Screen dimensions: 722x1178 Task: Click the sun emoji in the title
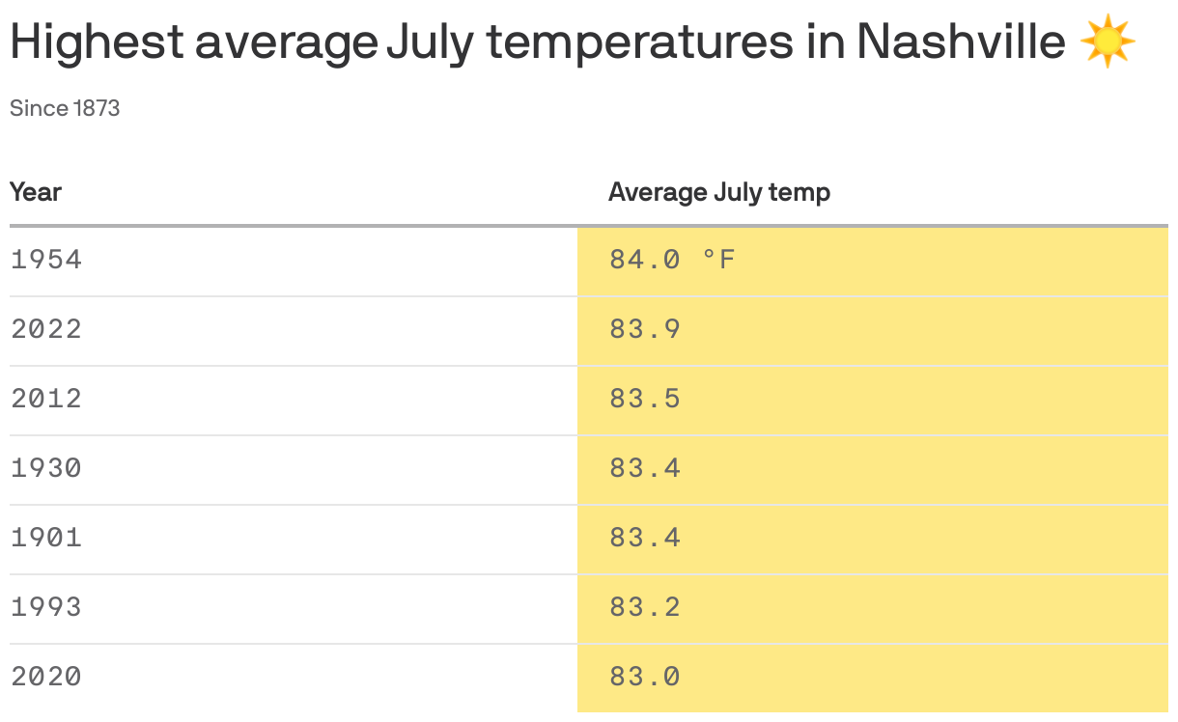(1108, 42)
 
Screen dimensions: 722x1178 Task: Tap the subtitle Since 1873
(65, 108)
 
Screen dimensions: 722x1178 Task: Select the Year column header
(36, 192)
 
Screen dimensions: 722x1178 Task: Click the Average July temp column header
(718, 192)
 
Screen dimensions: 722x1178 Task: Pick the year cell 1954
(46, 260)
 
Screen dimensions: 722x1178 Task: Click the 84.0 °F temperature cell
(672, 260)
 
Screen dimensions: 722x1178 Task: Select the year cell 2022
(46, 329)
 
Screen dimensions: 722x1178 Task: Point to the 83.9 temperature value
(645, 329)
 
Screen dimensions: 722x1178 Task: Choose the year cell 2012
(46, 399)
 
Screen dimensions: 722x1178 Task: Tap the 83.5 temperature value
(645, 399)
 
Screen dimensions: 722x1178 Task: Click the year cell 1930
(46, 468)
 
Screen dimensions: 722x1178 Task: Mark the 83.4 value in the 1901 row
(645, 538)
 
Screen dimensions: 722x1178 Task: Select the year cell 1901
(46, 538)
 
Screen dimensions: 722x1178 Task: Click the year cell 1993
(46, 607)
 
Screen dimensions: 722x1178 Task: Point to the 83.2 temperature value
(645, 607)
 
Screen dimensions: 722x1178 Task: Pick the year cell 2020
(46, 677)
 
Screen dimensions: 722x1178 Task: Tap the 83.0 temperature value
(645, 677)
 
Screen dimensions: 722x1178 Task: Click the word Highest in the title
(97, 42)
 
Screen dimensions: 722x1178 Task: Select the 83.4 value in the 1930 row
(645, 468)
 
